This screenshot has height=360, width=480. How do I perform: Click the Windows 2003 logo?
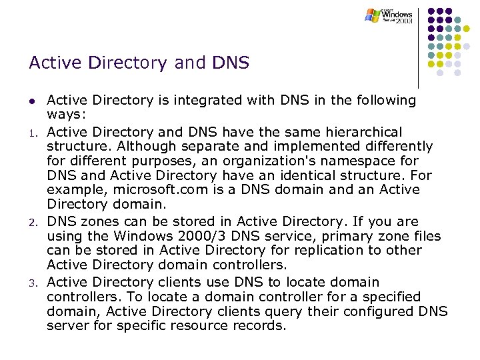click(389, 15)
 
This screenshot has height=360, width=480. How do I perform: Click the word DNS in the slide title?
click(229, 63)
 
